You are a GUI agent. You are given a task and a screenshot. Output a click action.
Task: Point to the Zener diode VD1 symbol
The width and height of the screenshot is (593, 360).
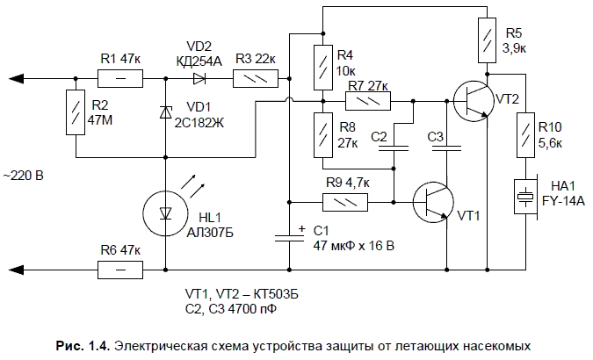[165, 112]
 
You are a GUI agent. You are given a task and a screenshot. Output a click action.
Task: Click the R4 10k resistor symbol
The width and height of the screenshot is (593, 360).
[323, 61]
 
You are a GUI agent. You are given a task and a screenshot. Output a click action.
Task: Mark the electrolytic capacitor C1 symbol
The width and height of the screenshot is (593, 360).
[290, 235]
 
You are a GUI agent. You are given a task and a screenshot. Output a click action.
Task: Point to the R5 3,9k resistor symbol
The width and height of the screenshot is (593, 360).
[486, 39]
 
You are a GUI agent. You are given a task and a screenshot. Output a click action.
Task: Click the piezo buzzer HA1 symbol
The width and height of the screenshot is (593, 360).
[525, 196]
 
